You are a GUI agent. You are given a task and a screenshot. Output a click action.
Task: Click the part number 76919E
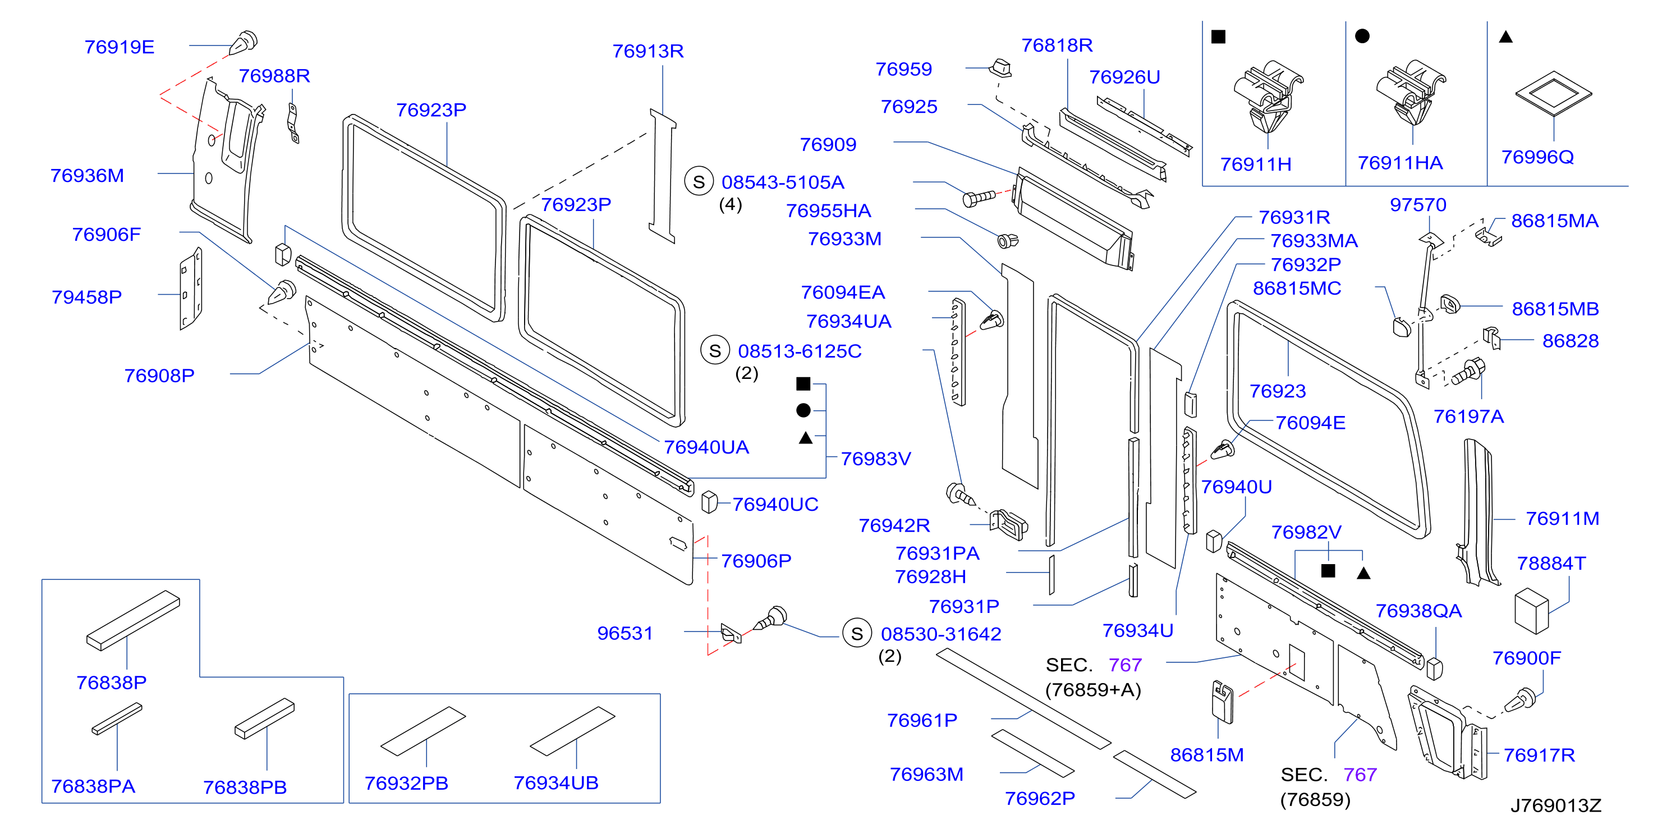coord(119,47)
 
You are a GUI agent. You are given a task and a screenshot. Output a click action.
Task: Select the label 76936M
coord(87,176)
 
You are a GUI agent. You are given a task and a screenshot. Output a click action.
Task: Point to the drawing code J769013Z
coord(1555,805)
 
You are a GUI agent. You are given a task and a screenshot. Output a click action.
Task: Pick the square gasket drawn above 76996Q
coord(1553,93)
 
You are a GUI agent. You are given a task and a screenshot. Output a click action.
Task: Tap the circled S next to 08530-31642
coord(857,633)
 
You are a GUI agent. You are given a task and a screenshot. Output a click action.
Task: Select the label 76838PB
coord(245,788)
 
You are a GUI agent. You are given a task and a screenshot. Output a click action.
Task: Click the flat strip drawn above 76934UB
coord(572,731)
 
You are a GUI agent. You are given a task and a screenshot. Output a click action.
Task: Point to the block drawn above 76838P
coord(134,620)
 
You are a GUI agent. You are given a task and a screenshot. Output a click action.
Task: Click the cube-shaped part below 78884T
coord(1532,611)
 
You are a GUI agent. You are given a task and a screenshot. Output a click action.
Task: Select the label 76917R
coord(1539,755)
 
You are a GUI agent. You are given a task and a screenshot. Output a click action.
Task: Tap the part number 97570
coord(1418,205)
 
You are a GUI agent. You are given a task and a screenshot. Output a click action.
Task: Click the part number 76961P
coord(922,720)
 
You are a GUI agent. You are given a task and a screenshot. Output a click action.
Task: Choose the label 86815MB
coord(1555,309)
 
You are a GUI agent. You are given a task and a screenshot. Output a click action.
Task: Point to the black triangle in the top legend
coord(1505,37)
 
